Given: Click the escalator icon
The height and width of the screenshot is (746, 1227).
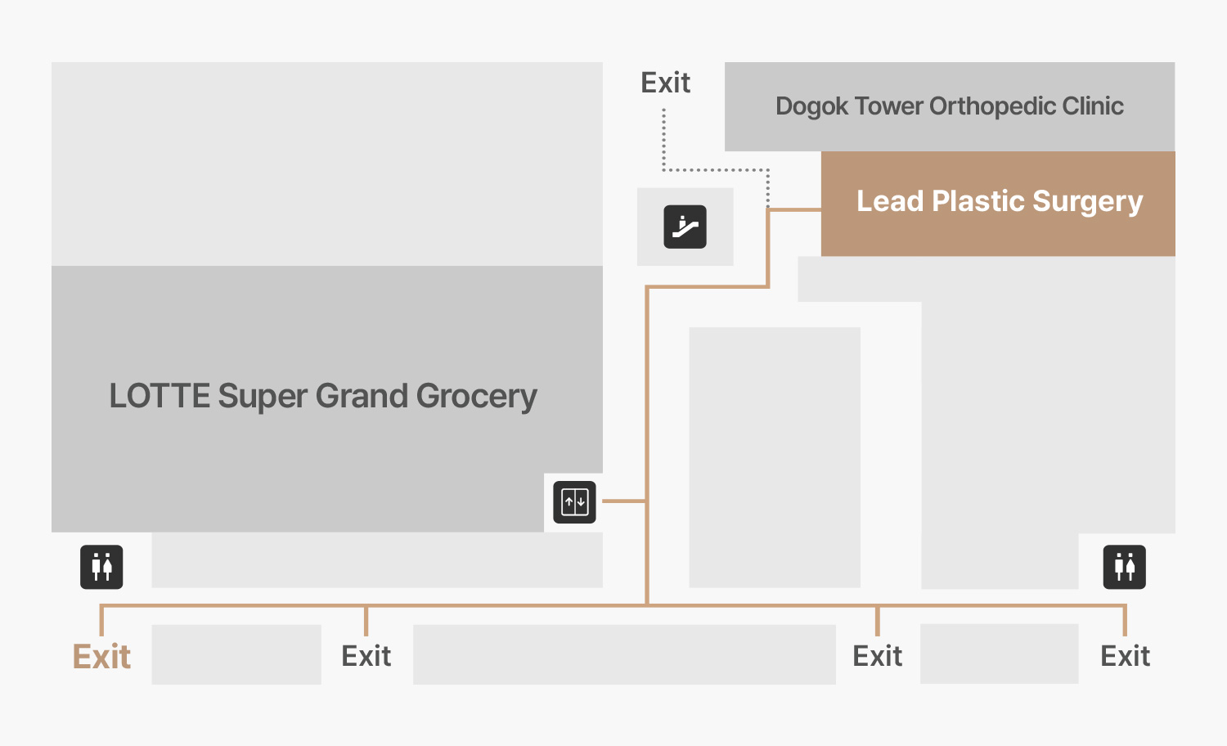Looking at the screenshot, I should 685,227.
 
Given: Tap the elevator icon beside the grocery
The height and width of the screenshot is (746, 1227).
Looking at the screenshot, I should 574,501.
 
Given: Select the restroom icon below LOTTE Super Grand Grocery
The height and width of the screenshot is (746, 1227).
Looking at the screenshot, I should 101,567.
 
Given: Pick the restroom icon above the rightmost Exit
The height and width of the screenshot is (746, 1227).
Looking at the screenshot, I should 1124,567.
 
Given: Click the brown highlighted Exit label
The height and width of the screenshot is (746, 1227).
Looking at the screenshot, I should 101,657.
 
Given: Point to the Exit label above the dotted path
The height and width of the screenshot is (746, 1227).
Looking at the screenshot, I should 665,83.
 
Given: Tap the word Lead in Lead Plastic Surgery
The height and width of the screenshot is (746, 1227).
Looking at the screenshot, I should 890,201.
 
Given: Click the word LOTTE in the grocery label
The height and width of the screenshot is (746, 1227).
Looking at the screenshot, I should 160,396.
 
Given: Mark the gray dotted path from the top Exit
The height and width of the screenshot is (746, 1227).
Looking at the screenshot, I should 716,170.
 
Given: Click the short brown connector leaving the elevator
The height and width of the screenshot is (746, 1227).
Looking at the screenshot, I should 624,501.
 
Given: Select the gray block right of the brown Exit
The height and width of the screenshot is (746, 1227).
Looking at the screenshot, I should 236,654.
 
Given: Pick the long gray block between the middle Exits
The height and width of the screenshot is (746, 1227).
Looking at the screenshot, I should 624,654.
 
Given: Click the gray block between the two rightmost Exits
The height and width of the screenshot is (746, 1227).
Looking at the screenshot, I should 999,654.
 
